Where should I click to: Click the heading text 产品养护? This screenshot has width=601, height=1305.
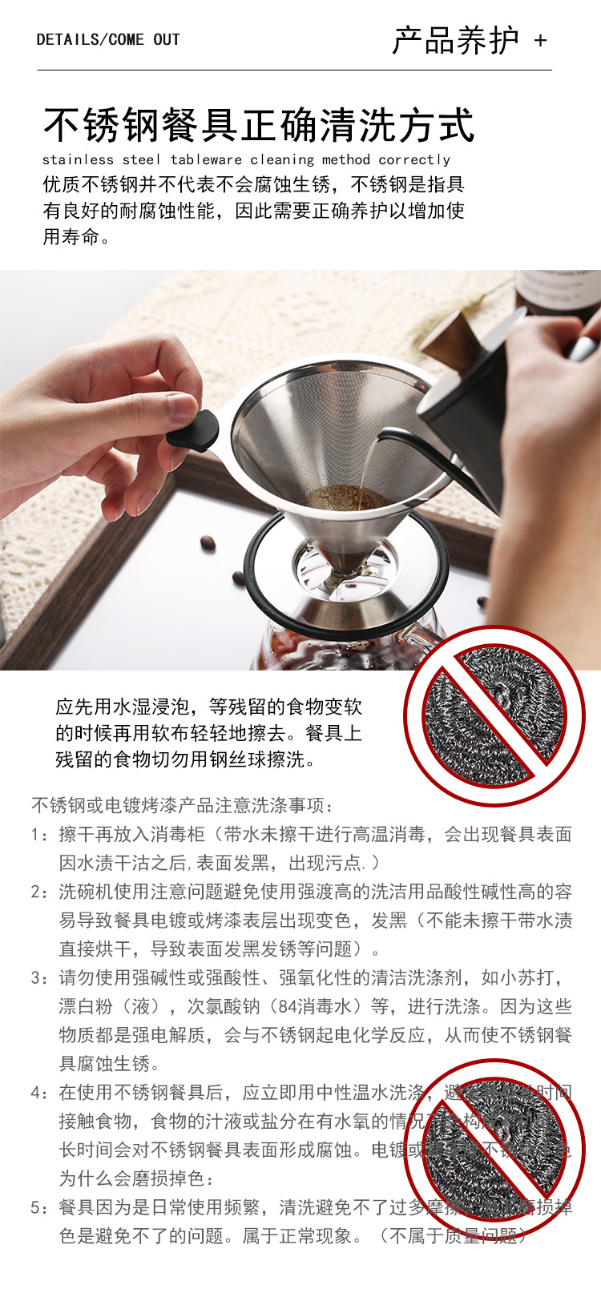(455, 40)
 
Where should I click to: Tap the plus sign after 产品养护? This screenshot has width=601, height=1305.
(540, 40)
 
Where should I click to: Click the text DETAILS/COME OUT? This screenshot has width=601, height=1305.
(108, 39)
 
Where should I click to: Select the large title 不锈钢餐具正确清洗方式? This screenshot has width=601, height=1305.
(259, 125)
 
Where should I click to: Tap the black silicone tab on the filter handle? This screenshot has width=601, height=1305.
(193, 431)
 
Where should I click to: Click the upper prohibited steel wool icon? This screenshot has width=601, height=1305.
(494, 716)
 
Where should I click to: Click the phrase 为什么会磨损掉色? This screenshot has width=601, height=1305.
(136, 1178)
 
